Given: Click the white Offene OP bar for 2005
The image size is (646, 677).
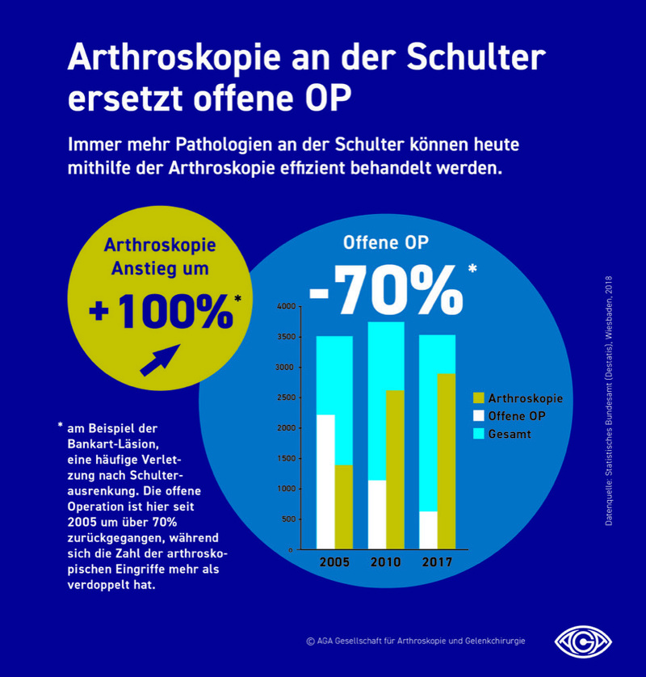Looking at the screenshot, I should coord(325,481).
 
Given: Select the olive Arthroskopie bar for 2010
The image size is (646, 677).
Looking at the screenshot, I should coord(395,469).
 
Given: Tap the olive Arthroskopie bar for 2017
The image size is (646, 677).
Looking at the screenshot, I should coord(446,460).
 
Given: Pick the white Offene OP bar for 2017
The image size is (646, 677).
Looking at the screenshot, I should coord(429,530).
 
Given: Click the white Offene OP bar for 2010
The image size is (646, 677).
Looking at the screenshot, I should coord(377,515).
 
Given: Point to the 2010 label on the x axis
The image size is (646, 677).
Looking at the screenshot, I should coord(387,562).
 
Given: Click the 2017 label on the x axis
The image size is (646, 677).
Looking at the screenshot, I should coord(437,562).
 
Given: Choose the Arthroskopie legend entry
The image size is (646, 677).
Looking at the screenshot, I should coord(525,398).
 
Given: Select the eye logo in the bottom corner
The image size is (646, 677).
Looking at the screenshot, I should coord(583,641).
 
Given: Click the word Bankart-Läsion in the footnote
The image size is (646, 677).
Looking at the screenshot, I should coord(115,444).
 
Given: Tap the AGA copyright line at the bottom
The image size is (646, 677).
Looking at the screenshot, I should coord(416,641).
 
